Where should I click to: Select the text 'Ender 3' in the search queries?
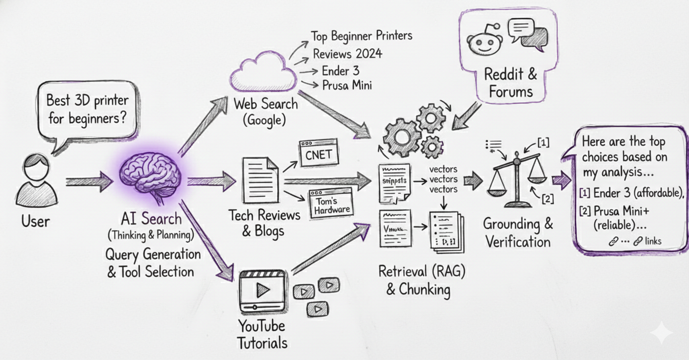(x=340, y=70)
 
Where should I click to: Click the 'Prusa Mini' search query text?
(x=347, y=85)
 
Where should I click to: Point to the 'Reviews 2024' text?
(x=347, y=53)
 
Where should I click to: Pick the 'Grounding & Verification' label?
(x=518, y=233)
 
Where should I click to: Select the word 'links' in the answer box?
(x=654, y=241)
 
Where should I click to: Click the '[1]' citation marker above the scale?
(x=543, y=142)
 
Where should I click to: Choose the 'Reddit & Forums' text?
(x=510, y=83)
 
